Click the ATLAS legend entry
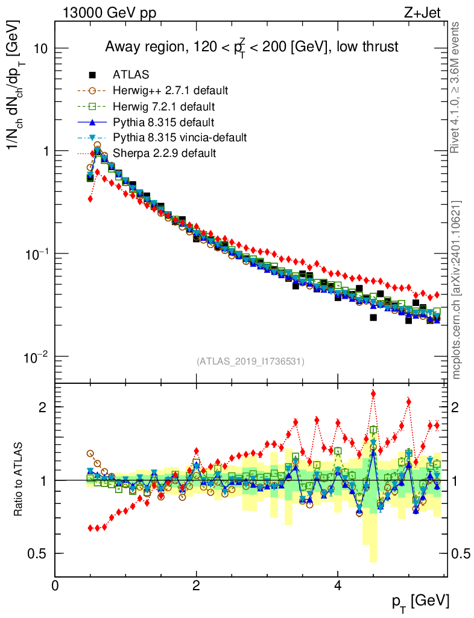[x=131, y=75]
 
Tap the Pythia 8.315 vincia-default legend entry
[x=180, y=138]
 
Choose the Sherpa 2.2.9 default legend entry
[x=164, y=153]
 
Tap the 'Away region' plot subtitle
[x=251, y=47]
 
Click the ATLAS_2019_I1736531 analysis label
[x=250, y=362]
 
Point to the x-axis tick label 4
[x=338, y=586]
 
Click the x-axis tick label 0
[x=55, y=586]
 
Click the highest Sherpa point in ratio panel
[x=373, y=394]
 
